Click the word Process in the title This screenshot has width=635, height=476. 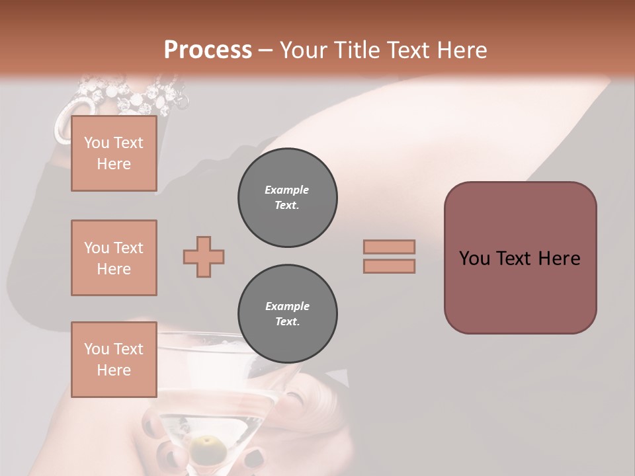point(208,50)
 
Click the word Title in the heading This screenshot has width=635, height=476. point(358,50)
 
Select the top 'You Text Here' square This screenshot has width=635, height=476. point(114,153)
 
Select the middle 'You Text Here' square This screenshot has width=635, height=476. point(114,258)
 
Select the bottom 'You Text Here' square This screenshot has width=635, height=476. point(114,360)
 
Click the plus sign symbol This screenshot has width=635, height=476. point(204,257)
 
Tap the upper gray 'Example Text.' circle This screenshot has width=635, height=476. point(288,198)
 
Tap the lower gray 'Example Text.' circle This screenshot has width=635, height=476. point(288,314)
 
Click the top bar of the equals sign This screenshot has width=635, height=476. point(389,247)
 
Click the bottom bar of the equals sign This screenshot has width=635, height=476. point(389,266)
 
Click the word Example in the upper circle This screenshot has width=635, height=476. point(287,190)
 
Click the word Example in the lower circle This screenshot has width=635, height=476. point(287,306)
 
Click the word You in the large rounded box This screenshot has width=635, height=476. point(474,258)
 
